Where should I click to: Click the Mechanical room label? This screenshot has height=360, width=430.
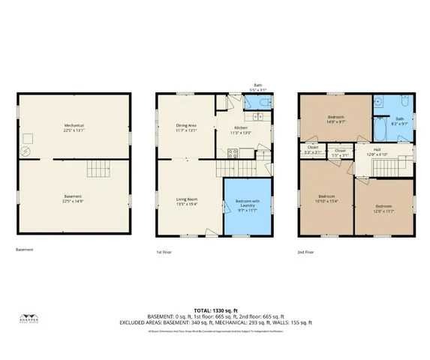pos(73,125)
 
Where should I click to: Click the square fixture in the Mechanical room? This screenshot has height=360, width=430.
pos(31,137)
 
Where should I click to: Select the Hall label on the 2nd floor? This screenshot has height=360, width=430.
pos(377,151)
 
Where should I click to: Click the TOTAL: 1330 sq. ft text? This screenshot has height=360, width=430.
pos(215,309)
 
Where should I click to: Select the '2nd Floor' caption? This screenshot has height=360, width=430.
pos(306,252)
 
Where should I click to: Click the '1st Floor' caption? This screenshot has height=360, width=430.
pos(164,252)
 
